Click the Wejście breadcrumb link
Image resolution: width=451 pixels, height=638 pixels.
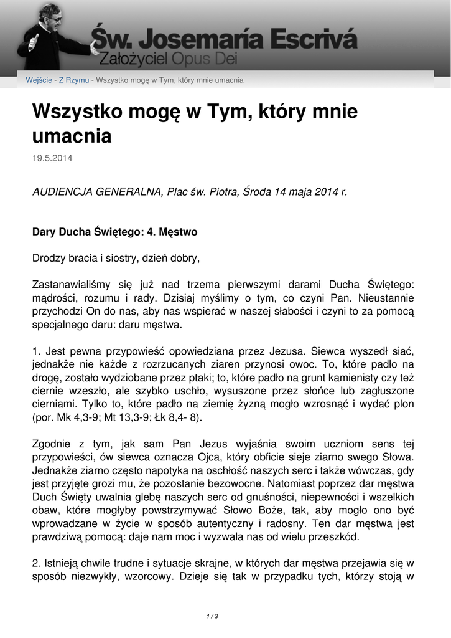click(x=39, y=80)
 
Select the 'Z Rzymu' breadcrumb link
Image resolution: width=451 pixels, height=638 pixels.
click(x=73, y=80)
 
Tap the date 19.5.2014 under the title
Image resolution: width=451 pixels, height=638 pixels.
click(x=52, y=158)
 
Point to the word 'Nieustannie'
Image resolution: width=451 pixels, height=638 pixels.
click(x=386, y=297)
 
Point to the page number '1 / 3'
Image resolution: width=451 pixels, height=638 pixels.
click(x=212, y=616)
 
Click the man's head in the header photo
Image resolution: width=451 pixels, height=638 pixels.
click(x=50, y=15)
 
